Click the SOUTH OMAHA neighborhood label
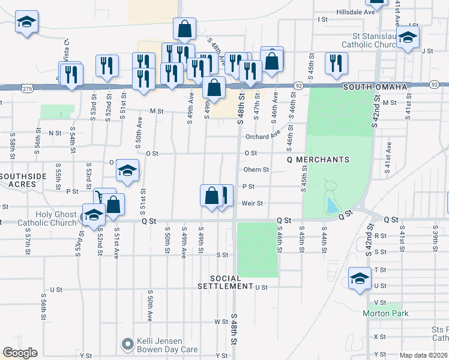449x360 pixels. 375,87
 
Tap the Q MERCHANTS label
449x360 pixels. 318,160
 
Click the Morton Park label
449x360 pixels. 385,313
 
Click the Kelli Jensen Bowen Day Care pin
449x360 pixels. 127,344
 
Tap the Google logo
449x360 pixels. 20,353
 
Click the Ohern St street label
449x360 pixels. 256,170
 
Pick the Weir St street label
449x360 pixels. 252,203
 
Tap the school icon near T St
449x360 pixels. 360,278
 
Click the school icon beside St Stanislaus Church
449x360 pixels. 408,38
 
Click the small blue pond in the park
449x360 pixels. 331,206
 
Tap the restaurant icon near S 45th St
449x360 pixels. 336,62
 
